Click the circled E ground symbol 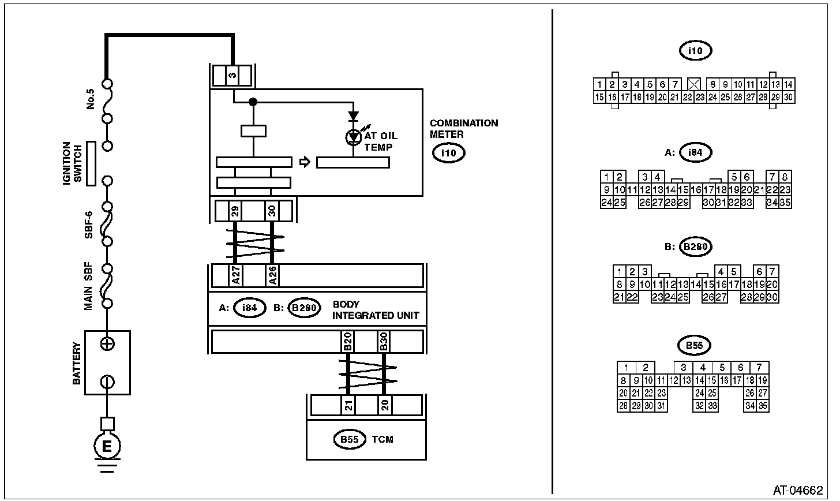(107, 445)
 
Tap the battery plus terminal (107, 344)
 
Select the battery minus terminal (107, 382)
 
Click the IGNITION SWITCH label (72, 164)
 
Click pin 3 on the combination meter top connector (232, 76)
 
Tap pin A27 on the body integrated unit (235, 275)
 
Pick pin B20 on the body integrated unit (347, 342)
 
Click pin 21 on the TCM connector (348, 405)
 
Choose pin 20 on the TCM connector (384, 405)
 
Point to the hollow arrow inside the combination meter (305, 162)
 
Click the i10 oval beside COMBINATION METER (448, 154)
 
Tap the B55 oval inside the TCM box (350, 440)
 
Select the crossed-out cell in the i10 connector (694, 84)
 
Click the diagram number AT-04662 (798, 490)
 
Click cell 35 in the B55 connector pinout (762, 406)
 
